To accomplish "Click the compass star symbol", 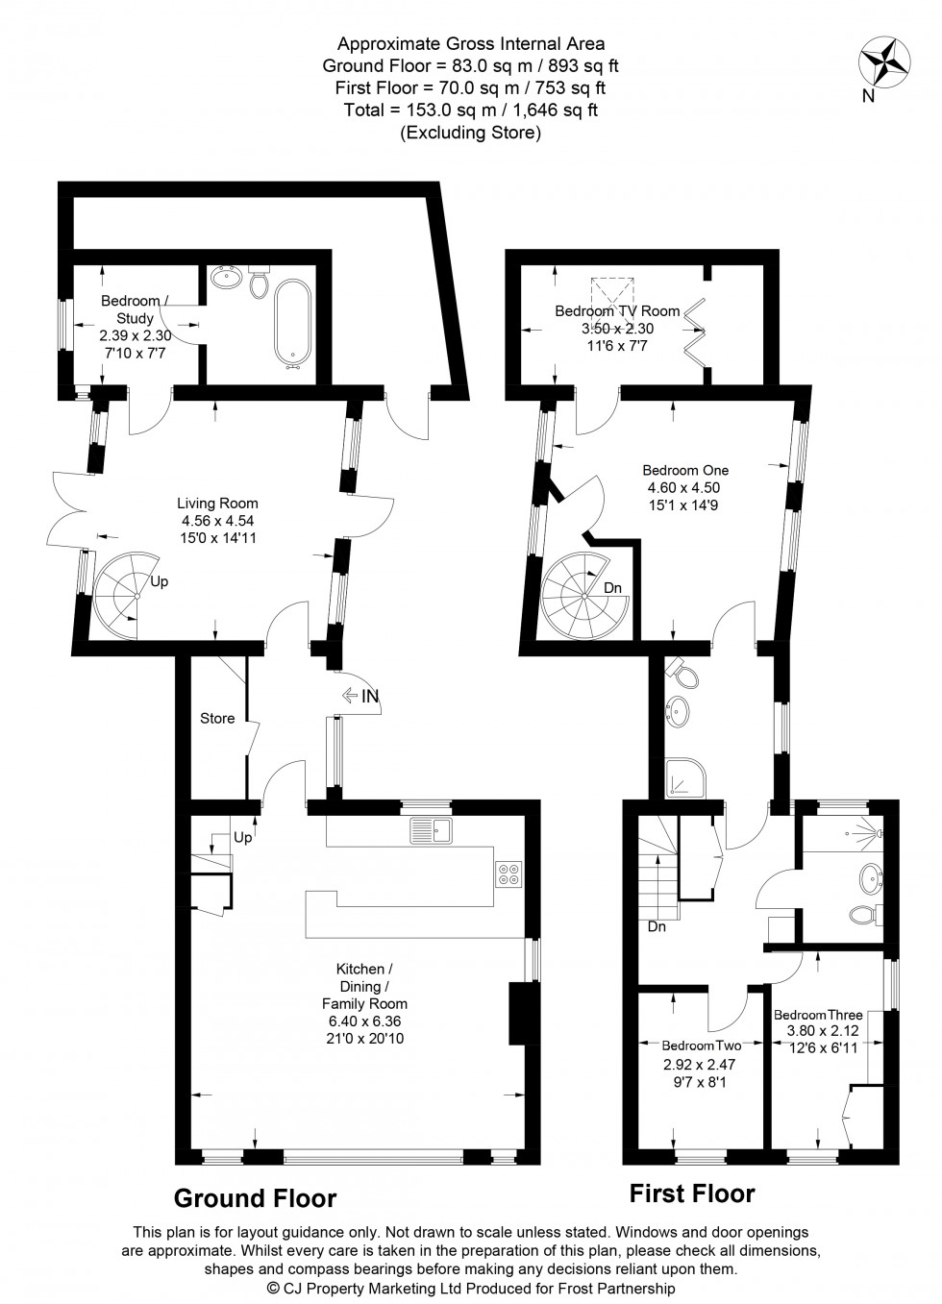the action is pos(884,62).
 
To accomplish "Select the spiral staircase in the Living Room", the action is pos(125,595).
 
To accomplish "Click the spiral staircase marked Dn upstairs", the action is pos(584,598).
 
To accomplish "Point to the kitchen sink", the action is pos(431,830).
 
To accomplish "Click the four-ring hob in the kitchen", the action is pos(508,873).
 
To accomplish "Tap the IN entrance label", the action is pos(370,696).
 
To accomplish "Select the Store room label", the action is pos(217,719).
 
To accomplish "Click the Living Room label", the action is pos(217,503).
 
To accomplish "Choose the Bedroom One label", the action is pos(685,470).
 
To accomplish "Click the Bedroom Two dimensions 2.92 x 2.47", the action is pos(699,1064).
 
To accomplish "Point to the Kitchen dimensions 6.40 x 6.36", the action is pos(364,1021).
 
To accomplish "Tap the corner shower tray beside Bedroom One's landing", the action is pos(685,776).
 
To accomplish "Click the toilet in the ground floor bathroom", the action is pos(259,282).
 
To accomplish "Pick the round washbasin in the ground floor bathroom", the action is pos(228,278).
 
